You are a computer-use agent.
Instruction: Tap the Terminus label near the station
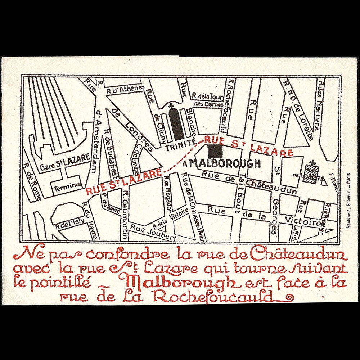(x=66, y=186)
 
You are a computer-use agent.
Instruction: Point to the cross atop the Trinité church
(x=171, y=106)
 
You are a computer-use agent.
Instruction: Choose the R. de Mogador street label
(x=170, y=195)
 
